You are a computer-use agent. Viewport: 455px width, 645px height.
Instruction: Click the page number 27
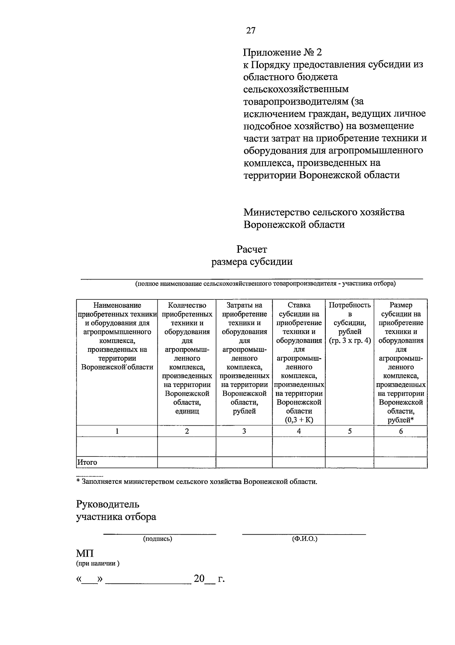251,31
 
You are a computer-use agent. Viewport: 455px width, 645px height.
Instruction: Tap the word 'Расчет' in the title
252,249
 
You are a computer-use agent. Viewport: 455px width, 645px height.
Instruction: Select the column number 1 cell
117,431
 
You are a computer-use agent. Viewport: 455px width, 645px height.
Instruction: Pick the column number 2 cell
187,431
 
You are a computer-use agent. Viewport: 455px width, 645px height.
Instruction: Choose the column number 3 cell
244,431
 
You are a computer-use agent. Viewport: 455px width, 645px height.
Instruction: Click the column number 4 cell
299,431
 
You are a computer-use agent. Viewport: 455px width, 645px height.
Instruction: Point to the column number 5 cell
350,431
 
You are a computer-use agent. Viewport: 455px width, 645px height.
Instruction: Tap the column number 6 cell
401,431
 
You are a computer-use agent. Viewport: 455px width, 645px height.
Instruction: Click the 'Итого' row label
88,463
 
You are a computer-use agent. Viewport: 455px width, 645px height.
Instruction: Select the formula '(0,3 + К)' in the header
299,420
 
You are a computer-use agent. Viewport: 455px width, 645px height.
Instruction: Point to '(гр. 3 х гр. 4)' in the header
350,341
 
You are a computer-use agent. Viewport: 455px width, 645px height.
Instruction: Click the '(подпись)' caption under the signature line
157,539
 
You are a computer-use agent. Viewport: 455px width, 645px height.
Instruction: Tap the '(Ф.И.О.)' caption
304,539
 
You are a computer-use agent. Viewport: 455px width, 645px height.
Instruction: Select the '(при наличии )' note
98,563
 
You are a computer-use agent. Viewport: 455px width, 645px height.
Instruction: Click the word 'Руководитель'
108,504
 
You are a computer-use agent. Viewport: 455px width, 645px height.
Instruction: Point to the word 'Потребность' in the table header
350,305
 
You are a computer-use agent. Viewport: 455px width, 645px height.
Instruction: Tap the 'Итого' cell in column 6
401,463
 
